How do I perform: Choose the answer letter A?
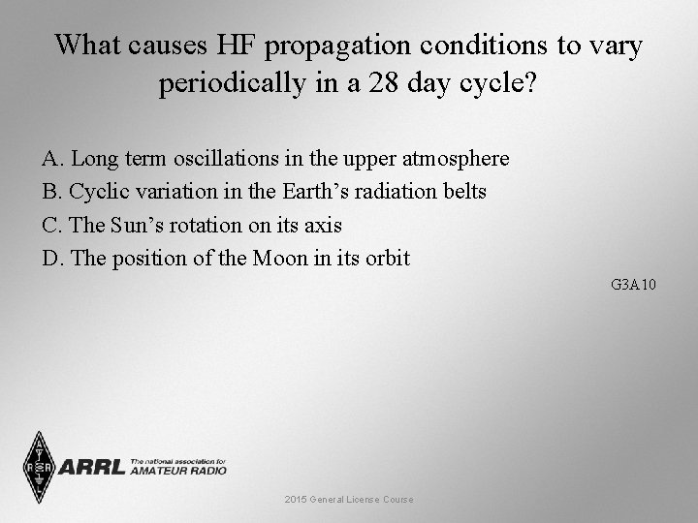tap(51, 158)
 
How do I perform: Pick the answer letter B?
tap(50, 192)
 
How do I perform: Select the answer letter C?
tap(50, 225)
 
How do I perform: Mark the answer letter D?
tap(51, 259)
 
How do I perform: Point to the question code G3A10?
tap(634, 285)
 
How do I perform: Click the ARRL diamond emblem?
tap(39, 467)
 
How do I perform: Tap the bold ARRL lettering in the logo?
tap(92, 468)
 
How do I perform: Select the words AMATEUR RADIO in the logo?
tap(177, 471)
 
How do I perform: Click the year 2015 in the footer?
tap(297, 500)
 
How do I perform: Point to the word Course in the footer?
tap(397, 500)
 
